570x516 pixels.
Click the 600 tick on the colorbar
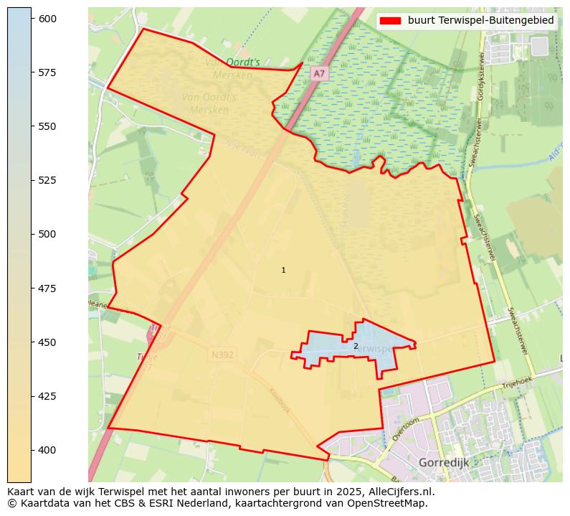coord(47,19)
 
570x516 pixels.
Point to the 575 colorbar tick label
coord(47,72)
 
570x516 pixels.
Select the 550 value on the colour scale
coord(47,126)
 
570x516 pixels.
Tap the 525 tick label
coord(47,180)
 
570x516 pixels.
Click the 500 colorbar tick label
coord(47,234)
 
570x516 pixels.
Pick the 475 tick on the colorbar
coord(47,288)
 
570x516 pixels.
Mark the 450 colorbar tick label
coord(47,342)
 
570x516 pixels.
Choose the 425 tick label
coord(47,395)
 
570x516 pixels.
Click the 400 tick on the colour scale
coord(47,450)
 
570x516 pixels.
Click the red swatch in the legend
coord(390,21)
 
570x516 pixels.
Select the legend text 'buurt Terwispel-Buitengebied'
coord(480,21)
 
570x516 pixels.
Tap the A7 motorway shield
coord(319,74)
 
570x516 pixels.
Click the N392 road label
coord(222,355)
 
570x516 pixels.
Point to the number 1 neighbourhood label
coord(283,271)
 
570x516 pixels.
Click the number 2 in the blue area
coord(356,346)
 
